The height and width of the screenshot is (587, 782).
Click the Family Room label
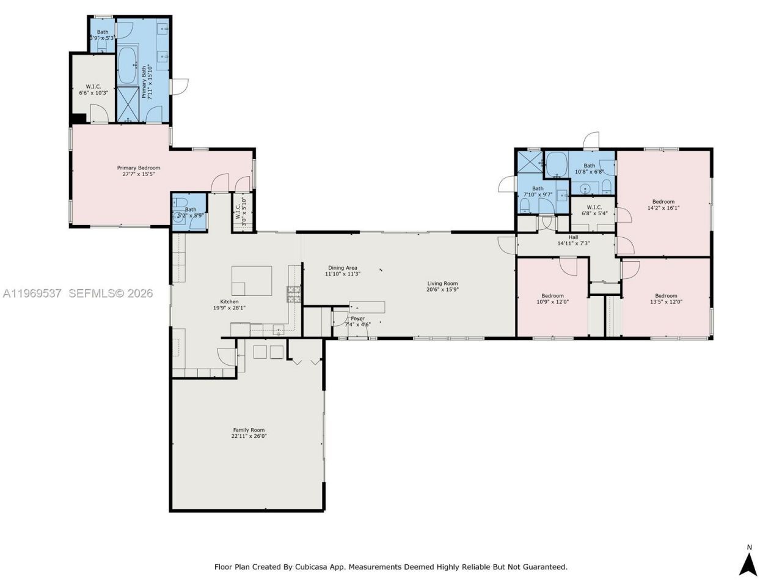coord(249,430)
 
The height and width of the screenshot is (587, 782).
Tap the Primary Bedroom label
coord(139,168)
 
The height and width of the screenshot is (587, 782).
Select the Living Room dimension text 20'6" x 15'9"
coord(442,290)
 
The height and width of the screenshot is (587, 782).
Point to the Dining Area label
coord(342,267)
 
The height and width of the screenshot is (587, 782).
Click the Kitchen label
coord(229,301)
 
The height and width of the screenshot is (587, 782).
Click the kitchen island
coord(251,281)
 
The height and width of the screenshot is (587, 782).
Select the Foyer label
coord(357,319)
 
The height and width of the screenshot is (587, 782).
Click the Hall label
coord(573,237)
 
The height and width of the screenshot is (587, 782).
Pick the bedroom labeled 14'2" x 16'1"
coord(663,204)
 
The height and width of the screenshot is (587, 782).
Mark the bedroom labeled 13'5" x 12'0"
coord(666,298)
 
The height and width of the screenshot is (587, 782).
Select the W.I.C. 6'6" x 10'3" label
coord(93,89)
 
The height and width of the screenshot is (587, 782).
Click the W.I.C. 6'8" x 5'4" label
coord(594,210)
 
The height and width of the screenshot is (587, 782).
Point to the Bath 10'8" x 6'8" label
coord(589,168)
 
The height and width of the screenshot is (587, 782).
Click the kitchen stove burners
coord(294,294)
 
